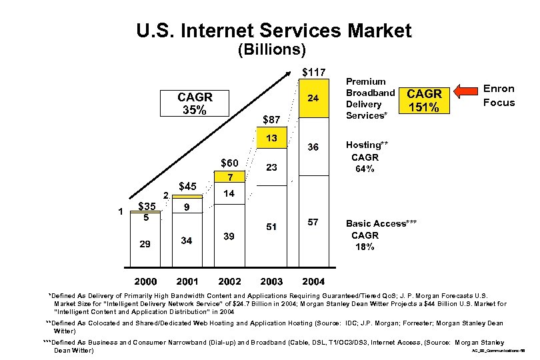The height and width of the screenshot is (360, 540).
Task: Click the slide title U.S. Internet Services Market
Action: click(x=273, y=30)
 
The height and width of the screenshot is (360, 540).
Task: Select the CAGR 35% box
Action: click(x=191, y=103)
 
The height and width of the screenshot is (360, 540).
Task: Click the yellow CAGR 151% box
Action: click(x=423, y=101)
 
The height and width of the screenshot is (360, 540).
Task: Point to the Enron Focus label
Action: click(x=499, y=95)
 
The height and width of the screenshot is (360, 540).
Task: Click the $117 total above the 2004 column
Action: click(x=313, y=72)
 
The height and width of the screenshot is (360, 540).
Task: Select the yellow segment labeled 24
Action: click(x=313, y=98)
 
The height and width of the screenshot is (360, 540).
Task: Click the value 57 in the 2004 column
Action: click(x=313, y=221)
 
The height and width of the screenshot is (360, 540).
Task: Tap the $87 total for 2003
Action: click(x=271, y=120)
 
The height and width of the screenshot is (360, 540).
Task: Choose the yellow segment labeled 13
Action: click(x=271, y=138)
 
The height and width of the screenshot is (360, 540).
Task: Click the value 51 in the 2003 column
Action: click(x=271, y=227)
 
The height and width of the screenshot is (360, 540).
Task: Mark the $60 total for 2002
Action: click(x=230, y=163)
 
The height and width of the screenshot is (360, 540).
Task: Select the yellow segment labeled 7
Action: click(x=230, y=178)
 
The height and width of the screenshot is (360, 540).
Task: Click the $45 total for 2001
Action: click(x=188, y=187)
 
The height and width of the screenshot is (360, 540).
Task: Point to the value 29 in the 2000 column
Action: click(x=145, y=244)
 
